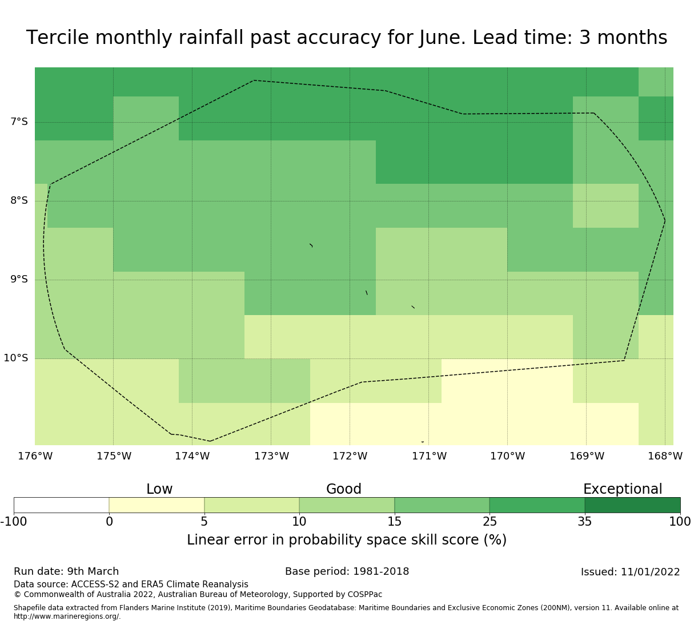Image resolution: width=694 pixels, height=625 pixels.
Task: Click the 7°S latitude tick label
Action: pos(19,122)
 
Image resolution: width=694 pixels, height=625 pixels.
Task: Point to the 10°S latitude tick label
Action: pos(16,358)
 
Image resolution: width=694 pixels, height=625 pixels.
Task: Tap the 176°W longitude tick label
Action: pos(35,456)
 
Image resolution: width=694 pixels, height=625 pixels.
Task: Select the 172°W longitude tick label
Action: pos(350,456)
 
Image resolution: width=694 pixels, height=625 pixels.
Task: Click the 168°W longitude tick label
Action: pos(665,456)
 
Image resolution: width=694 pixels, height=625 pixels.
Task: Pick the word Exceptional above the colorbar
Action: pos(622,489)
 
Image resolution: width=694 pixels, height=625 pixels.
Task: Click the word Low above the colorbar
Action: pos(159,489)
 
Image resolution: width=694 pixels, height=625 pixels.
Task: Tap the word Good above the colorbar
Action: pos(343,489)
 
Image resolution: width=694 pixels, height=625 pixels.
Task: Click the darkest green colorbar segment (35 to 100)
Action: pos(632,505)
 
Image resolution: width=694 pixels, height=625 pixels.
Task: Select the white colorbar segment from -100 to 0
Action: pos(61,505)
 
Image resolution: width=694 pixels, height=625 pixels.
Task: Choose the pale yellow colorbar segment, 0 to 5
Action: pos(157,505)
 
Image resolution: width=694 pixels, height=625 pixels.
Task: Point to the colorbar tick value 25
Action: pos(490,521)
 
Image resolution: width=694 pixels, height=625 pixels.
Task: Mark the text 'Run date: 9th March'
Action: pos(66,571)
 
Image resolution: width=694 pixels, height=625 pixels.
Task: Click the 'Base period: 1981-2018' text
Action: pos(347,571)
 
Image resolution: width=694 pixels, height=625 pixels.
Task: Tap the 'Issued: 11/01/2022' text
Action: pos(630,572)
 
